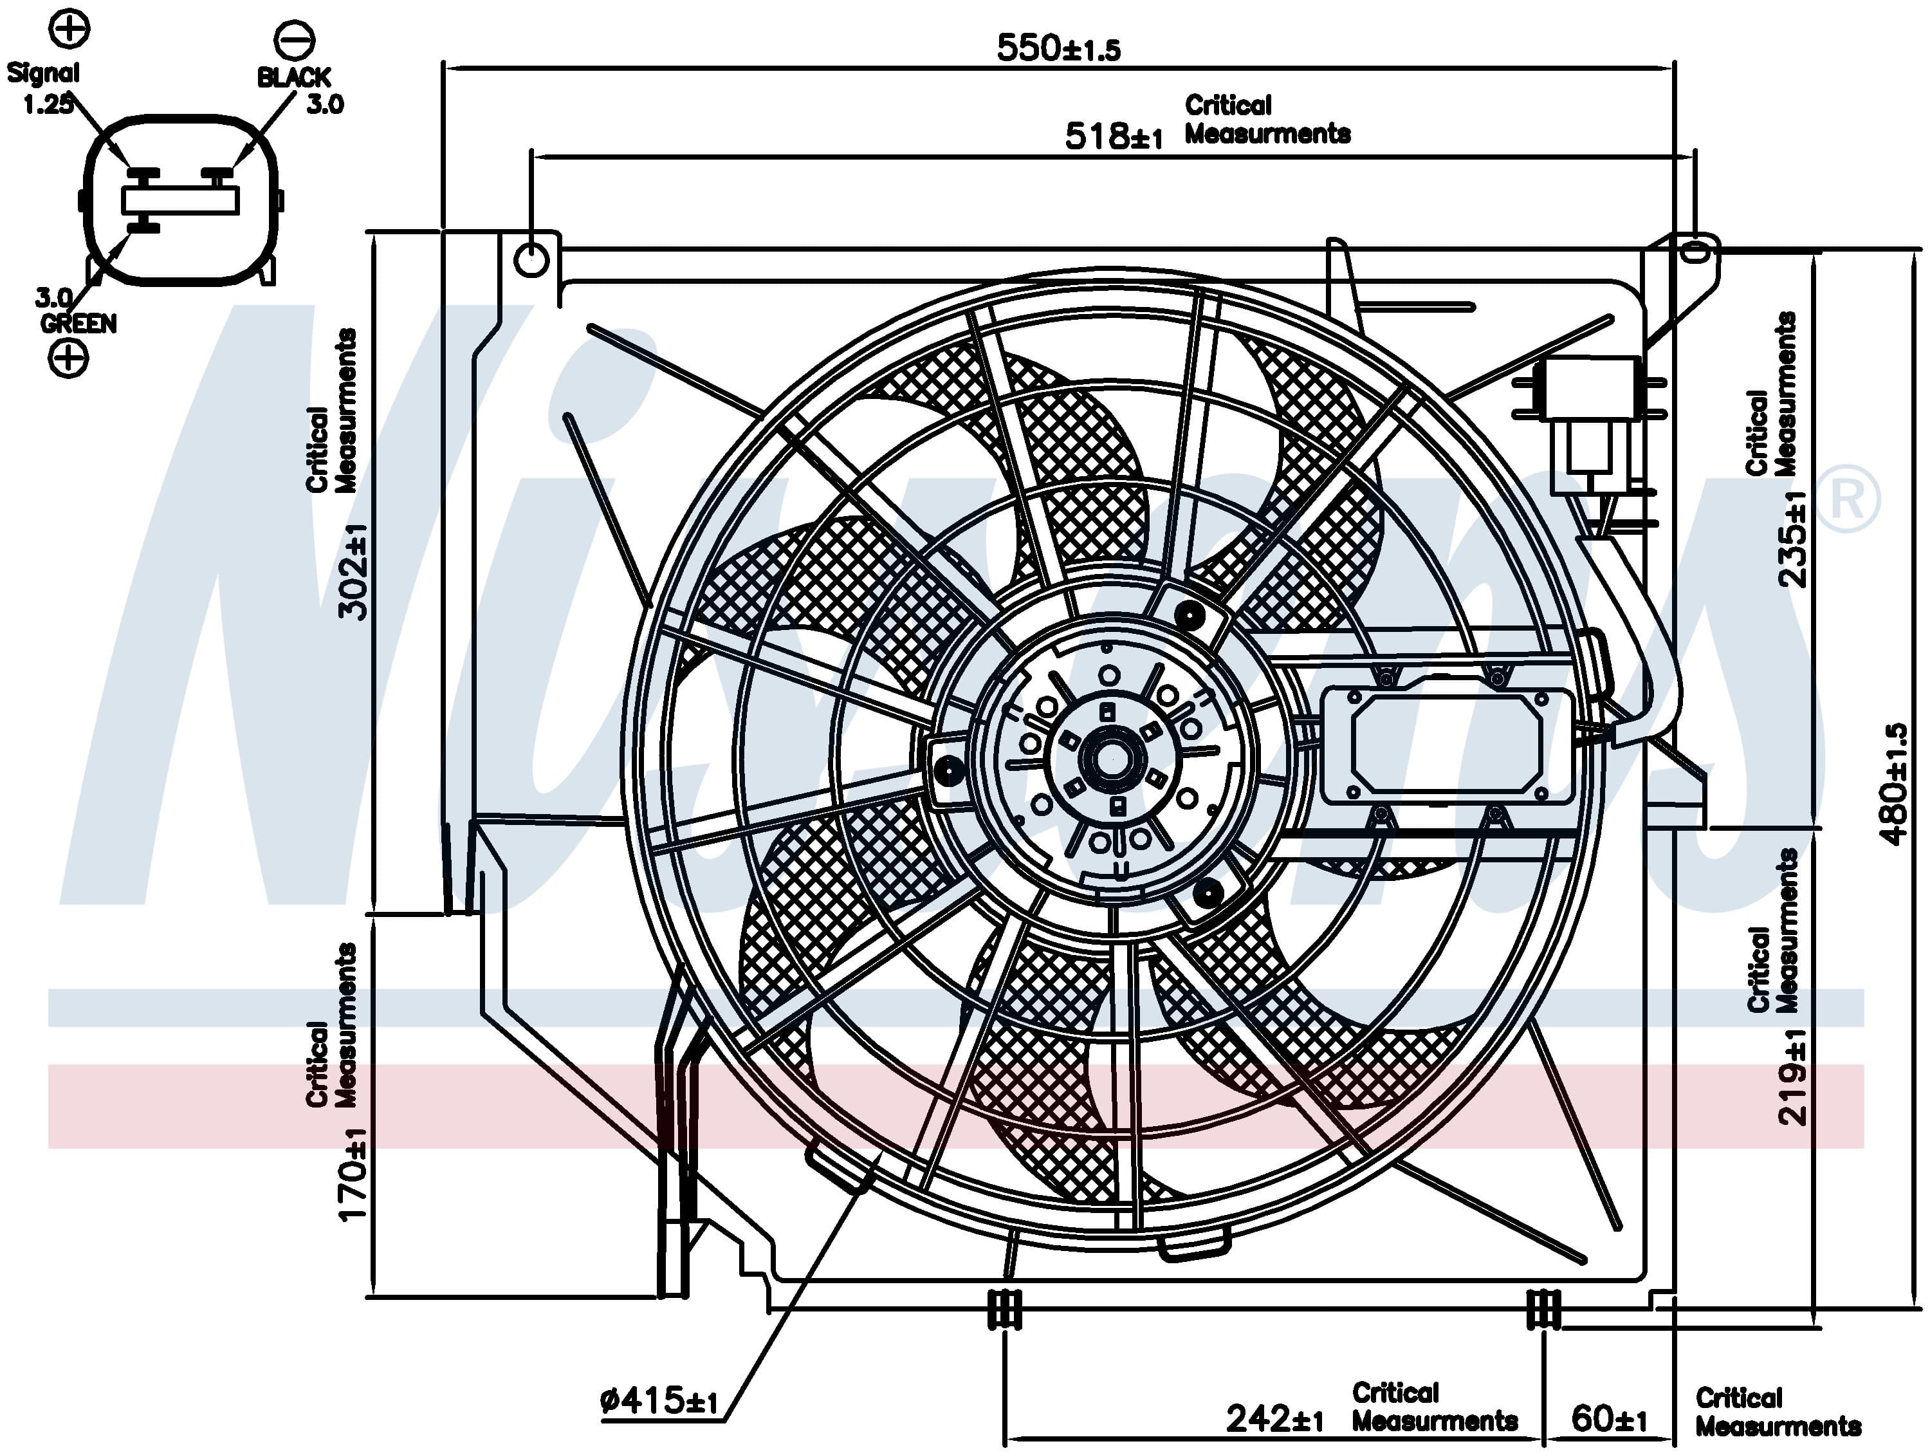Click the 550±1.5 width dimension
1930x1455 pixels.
click(1058, 48)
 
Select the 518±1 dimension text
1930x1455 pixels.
click(1114, 136)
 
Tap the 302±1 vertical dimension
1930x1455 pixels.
click(353, 571)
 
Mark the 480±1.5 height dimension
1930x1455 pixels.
click(1894, 784)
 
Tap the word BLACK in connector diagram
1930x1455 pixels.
click(293, 78)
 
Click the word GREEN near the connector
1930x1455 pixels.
click(78, 324)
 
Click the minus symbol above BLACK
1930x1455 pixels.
click(294, 39)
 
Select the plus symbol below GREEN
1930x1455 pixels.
click(68, 357)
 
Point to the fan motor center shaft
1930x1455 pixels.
click(1112, 759)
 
